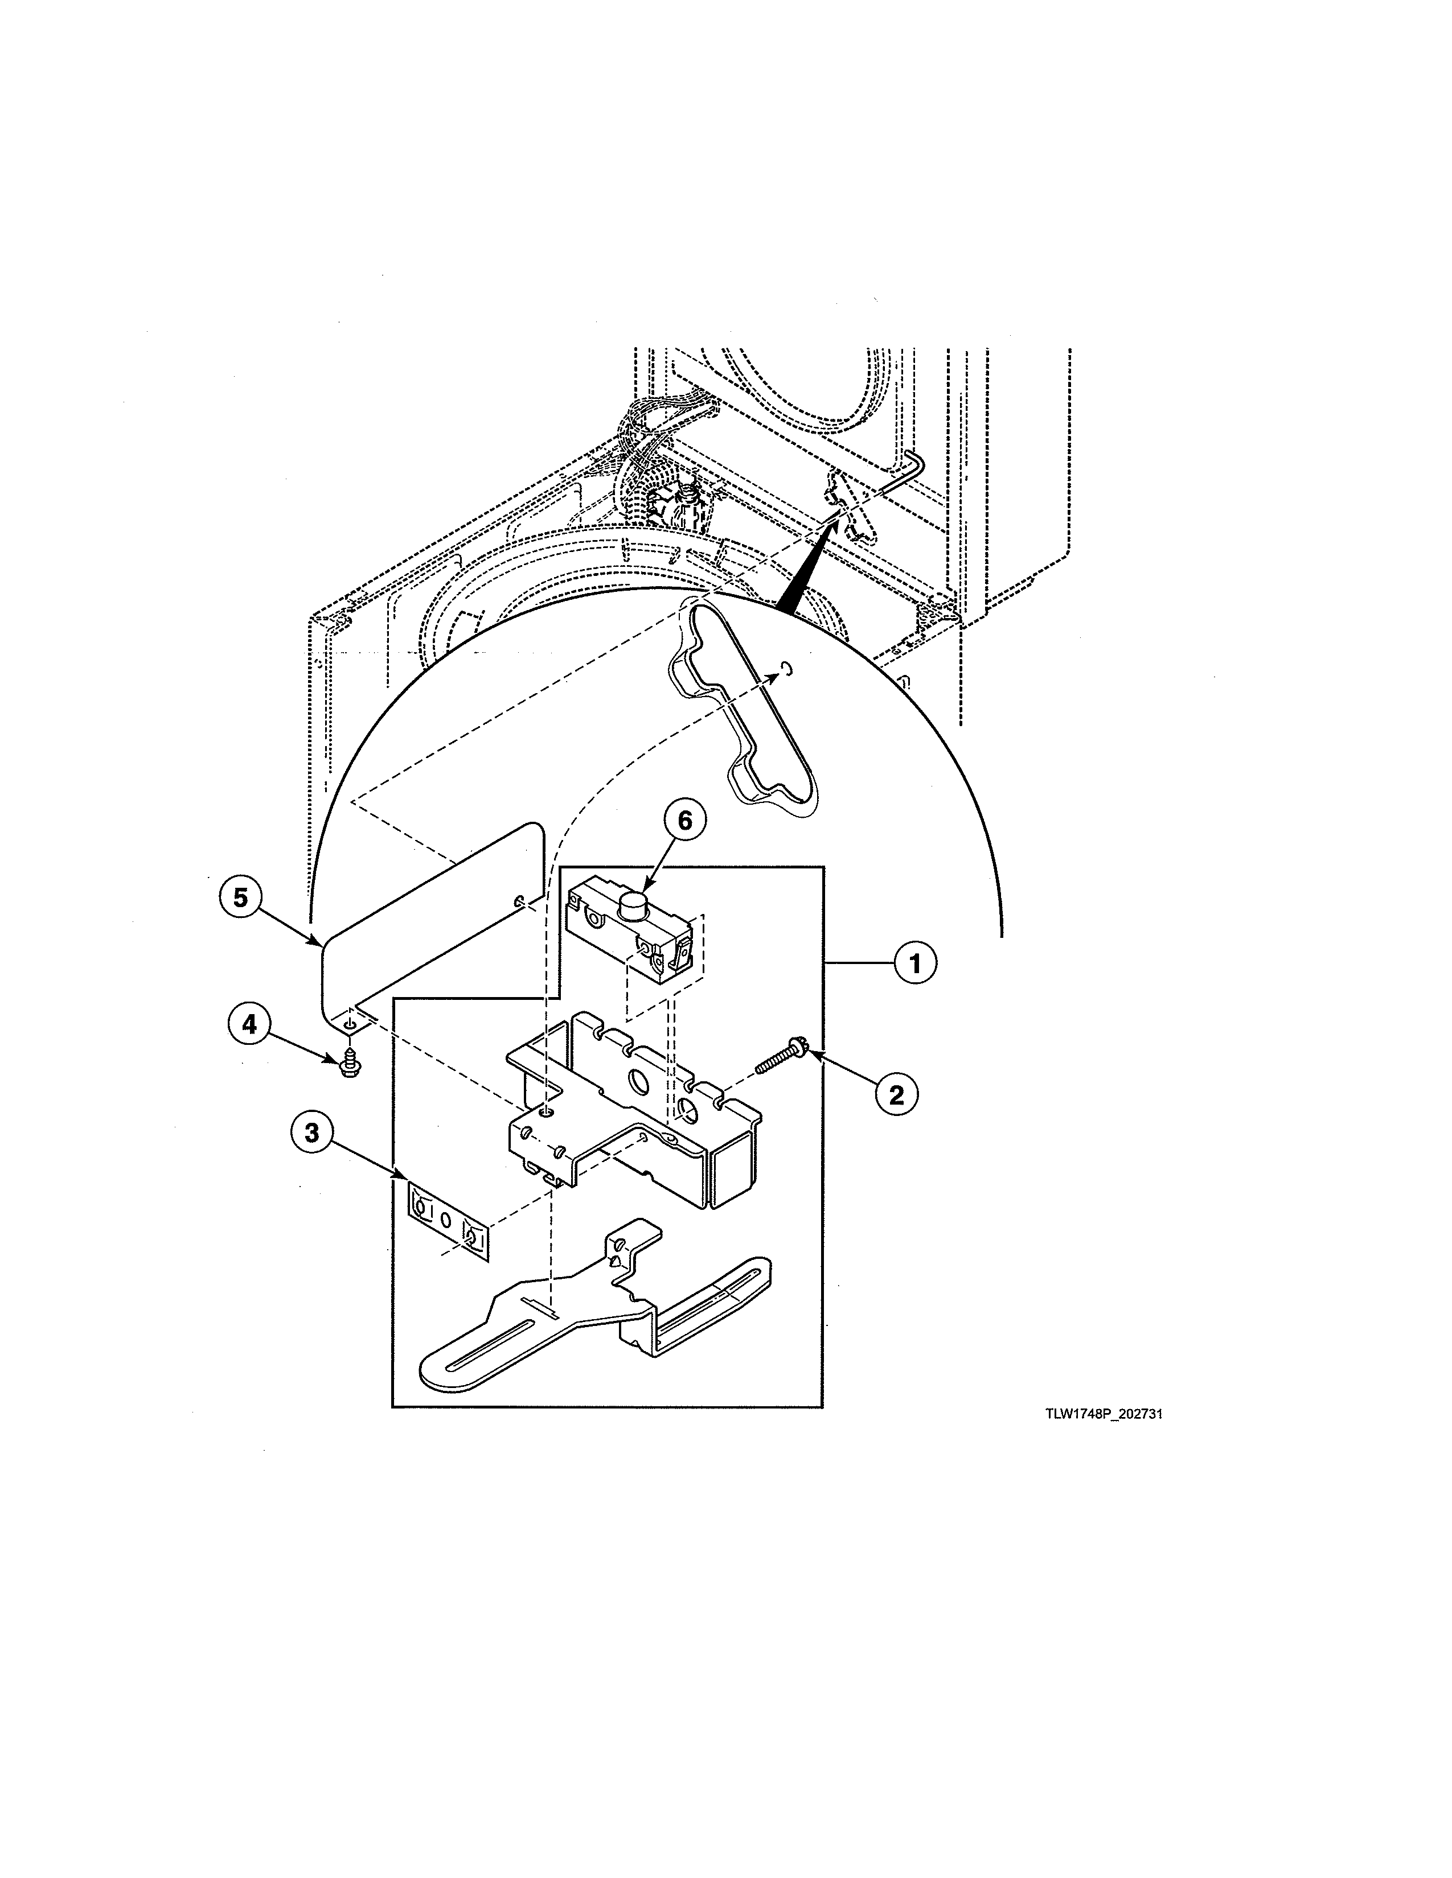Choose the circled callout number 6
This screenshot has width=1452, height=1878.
(684, 821)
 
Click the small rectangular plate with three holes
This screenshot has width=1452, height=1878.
(448, 1220)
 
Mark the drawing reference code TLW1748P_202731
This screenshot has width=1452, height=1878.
(1104, 1415)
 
